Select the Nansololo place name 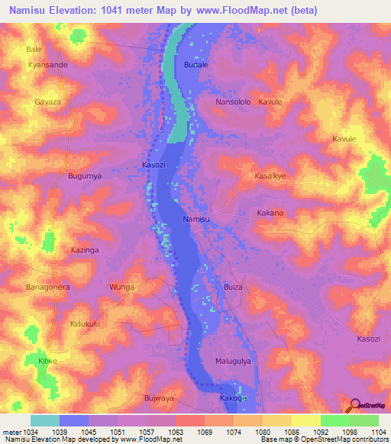coord(234,101)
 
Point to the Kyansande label coord(47,65)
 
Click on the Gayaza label coord(47,101)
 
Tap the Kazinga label coord(86,250)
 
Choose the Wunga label coord(122,287)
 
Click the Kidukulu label coord(86,324)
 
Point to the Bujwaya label coord(160,397)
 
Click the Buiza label coord(234,287)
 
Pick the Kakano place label coord(270,213)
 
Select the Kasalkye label coord(270,175)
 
